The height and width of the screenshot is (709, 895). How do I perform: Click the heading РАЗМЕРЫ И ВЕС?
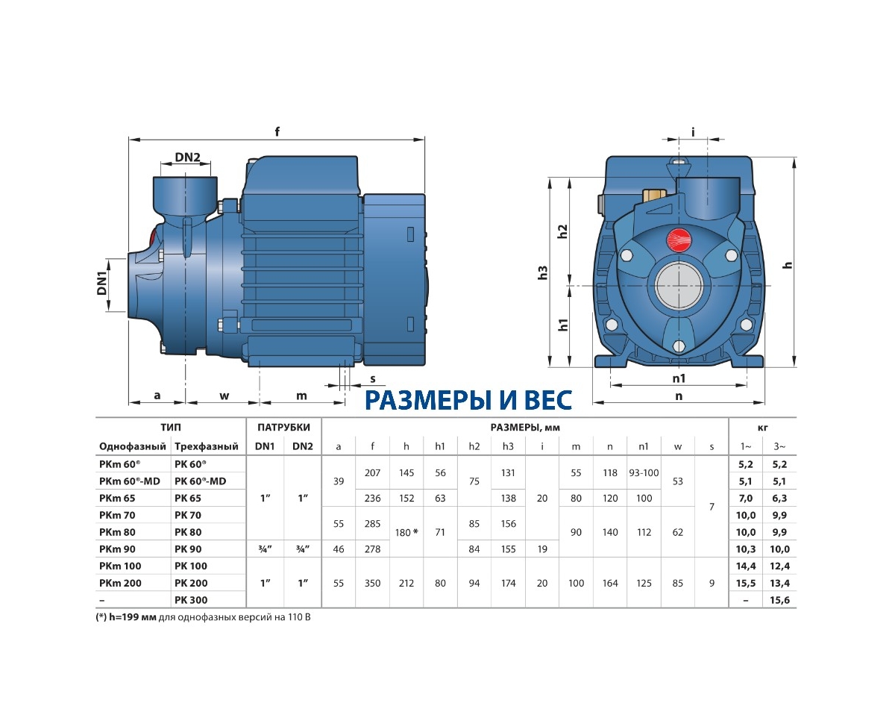point(468,401)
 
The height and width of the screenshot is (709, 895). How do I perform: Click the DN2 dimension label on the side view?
point(187,157)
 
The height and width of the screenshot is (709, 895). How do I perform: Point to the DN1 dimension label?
point(102,283)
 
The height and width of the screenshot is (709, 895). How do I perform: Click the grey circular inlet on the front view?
point(679,286)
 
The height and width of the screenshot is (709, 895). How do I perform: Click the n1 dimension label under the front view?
point(679,378)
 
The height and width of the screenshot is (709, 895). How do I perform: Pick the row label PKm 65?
point(117,499)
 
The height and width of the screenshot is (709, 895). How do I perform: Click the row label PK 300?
point(191,600)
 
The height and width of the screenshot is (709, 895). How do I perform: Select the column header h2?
point(474,446)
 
